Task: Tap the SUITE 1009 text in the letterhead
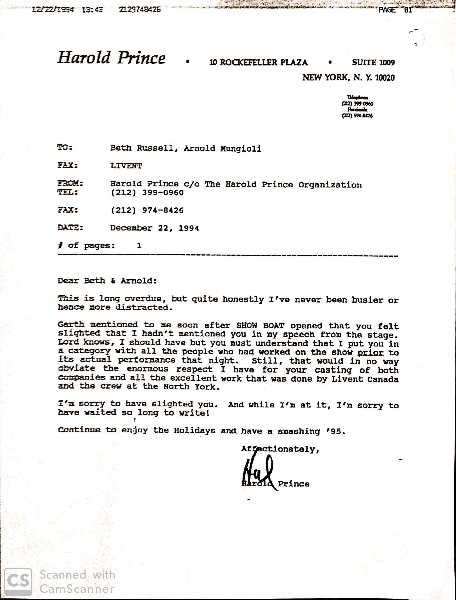point(373,62)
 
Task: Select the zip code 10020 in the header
point(385,78)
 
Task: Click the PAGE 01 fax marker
point(395,10)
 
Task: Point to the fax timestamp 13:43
point(92,10)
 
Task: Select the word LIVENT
point(126,166)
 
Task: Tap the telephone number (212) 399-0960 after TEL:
point(147,193)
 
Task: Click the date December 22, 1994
point(154,228)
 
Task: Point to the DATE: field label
point(70,227)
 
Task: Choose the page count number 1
point(139,246)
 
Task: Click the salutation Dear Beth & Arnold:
point(107,281)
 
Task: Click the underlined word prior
point(370,353)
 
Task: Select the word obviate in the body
point(76,369)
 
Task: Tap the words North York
point(191,387)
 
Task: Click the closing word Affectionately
point(280,449)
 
